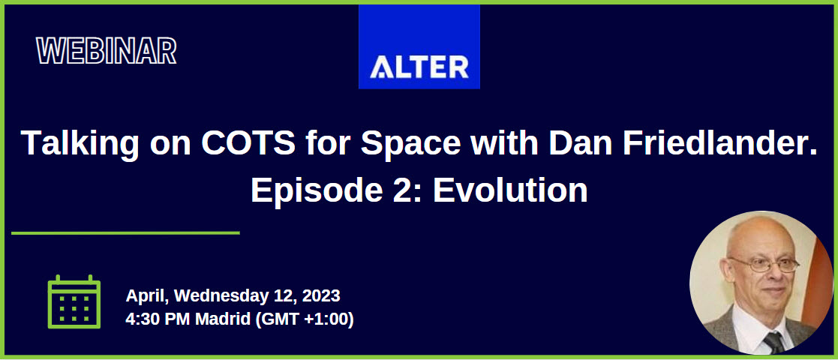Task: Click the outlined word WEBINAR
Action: (107, 51)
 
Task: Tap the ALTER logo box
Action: (419, 46)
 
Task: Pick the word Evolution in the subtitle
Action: (510, 190)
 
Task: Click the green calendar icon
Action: (74, 302)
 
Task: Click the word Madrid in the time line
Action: (222, 319)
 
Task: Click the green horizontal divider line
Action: (125, 232)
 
